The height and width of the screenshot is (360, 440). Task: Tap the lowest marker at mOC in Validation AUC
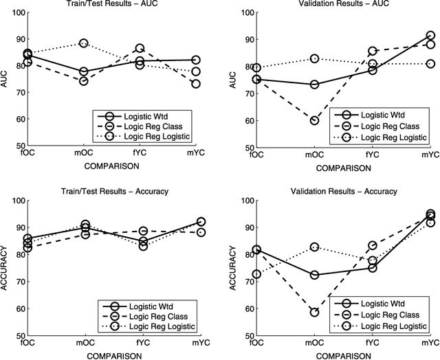point(314,120)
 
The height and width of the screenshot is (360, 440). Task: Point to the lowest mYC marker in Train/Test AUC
point(196,84)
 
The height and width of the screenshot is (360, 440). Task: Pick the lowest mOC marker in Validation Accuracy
point(314,312)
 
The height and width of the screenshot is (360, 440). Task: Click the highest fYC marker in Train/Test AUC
point(140,49)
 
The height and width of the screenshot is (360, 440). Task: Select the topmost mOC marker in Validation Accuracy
point(314,247)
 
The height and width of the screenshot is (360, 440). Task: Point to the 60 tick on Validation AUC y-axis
point(246,121)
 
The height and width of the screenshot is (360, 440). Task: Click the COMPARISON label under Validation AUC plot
point(341,165)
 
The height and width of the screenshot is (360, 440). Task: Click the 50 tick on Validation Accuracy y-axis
point(246,336)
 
